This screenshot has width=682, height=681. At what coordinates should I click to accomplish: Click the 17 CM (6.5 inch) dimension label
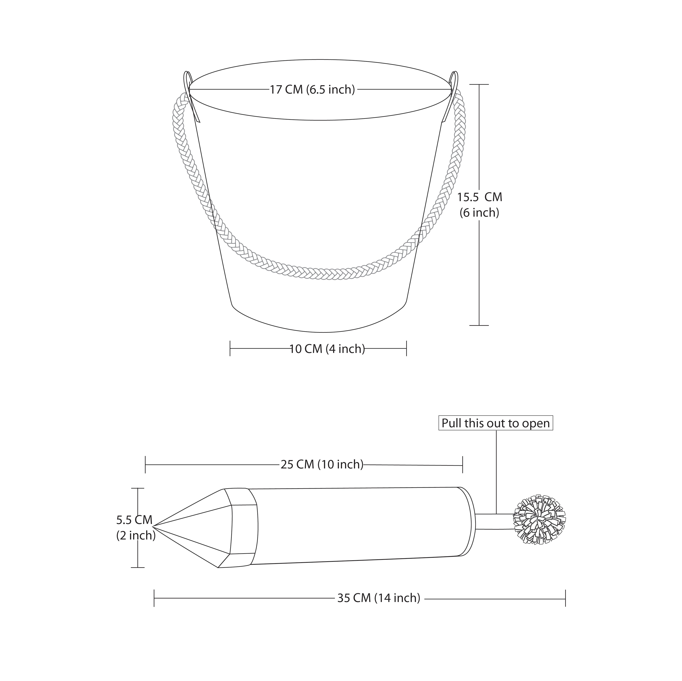tap(312, 89)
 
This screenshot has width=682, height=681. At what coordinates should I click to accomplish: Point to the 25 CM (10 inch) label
tap(322, 465)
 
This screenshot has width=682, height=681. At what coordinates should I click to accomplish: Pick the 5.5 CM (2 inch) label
tap(135, 528)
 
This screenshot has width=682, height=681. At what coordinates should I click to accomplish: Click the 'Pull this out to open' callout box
tap(496, 423)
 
